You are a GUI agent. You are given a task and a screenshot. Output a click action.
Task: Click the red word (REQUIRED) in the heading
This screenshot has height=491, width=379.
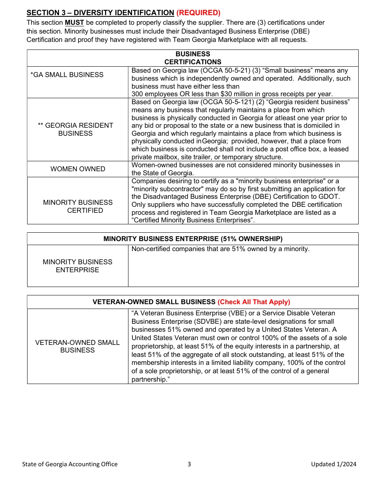[198, 13]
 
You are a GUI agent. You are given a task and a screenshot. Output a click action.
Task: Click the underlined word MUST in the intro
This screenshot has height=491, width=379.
[74, 22]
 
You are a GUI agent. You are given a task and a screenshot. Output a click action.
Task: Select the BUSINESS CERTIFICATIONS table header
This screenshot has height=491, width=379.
[193, 58]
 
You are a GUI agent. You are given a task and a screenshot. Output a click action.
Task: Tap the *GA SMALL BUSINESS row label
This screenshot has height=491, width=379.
[67, 75]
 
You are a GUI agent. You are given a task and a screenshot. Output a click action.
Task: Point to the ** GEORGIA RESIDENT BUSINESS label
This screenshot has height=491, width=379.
[75, 129]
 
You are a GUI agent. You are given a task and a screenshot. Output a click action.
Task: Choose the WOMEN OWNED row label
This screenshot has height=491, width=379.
[78, 169]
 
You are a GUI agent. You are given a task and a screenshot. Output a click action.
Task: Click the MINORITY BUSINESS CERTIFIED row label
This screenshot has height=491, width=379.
[78, 206]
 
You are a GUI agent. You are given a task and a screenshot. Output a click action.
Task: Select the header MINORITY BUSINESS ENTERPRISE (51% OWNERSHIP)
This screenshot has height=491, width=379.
[193, 239]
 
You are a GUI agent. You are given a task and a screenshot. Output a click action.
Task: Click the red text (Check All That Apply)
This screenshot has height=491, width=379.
[254, 302]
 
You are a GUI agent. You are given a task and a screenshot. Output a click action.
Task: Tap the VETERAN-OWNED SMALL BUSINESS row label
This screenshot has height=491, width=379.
[77, 346]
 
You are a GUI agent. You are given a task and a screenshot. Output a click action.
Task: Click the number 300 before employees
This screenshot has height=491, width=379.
[138, 94]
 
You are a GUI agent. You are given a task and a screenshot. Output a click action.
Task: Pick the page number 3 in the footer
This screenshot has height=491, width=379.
[189, 464]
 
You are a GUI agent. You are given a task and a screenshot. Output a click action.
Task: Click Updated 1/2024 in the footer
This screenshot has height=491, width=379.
[334, 464]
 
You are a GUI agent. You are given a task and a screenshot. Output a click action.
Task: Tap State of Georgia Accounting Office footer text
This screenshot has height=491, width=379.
[70, 464]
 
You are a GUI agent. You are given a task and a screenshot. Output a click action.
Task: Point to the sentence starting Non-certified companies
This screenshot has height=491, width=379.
[220, 249]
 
